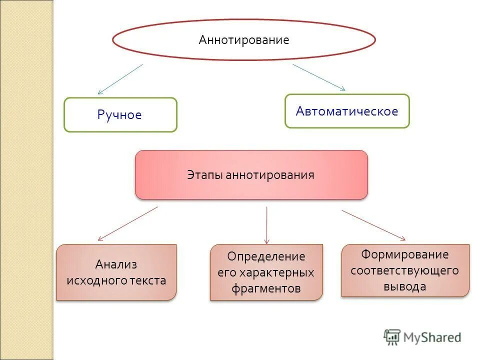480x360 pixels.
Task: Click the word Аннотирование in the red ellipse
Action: coord(244,40)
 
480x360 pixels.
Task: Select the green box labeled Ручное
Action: coord(120,115)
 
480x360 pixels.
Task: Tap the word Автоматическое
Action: coord(347,111)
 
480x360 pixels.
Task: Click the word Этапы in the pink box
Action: coord(205,175)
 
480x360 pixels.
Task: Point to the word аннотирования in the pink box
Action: coord(270,175)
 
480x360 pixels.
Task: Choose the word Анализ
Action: coord(116,264)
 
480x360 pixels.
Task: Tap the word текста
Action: coord(148,280)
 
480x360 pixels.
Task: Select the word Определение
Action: coord(266,256)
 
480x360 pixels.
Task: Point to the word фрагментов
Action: coord(266,288)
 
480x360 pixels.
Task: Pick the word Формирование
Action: coord(405,254)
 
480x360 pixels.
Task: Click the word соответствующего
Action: coord(405,270)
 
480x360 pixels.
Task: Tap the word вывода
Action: coord(405,286)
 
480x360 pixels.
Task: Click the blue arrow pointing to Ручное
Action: coord(120,79)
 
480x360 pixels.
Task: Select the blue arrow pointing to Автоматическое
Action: coord(319,77)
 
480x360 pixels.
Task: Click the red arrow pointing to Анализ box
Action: coord(127,224)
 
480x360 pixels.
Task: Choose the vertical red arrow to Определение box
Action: coord(266,225)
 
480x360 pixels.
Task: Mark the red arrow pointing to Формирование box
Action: coord(373,225)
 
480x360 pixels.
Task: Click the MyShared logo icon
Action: coord(392,337)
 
